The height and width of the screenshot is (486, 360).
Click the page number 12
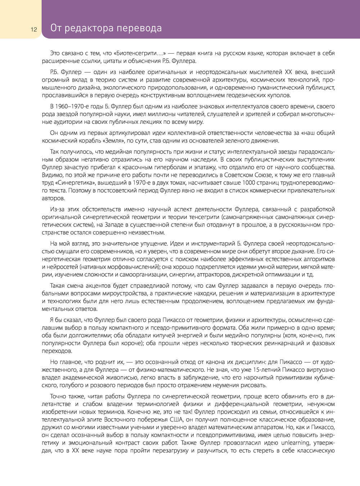pos(33,30)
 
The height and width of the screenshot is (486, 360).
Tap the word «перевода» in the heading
pos(141,28)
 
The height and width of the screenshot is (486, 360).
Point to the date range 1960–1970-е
pos(70,106)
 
